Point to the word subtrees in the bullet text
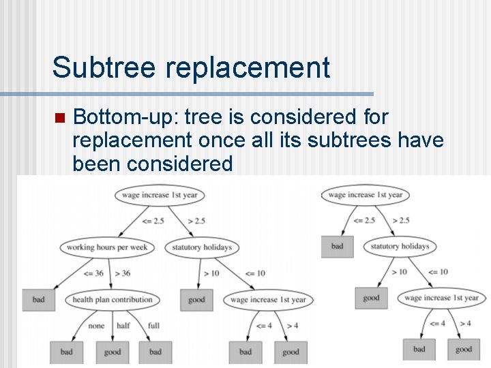[359, 140]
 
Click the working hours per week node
[107, 247]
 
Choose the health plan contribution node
[113, 299]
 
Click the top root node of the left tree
[160, 195]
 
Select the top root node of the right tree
[365, 195]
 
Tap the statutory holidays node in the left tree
[203, 247]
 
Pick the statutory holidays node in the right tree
[400, 246]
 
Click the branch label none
[96, 326]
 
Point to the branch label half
[123, 326]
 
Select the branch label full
[153, 326]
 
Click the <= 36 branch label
[92, 273]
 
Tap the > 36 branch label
[123, 273]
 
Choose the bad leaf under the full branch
[155, 352]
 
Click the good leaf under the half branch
[113, 352]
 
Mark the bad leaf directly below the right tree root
[338, 246]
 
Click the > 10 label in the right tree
[400, 272]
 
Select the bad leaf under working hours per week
[39, 300]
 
